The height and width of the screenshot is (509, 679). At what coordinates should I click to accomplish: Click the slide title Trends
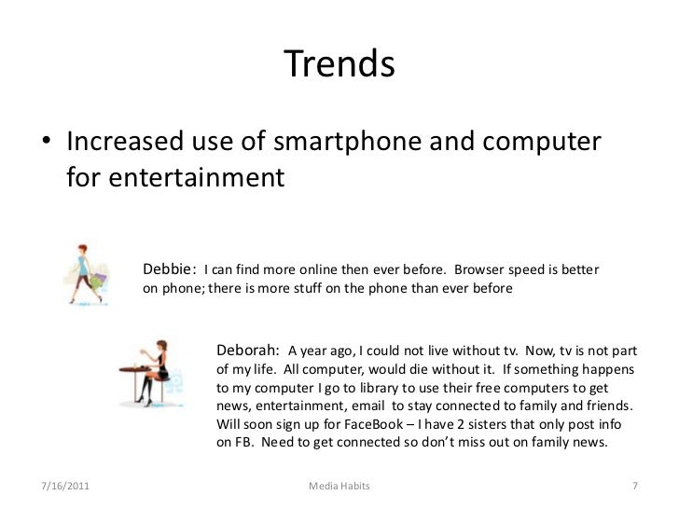(x=339, y=64)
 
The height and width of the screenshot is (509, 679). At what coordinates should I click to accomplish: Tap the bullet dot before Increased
(x=47, y=145)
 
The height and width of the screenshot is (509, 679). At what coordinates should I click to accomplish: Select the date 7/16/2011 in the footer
(x=67, y=487)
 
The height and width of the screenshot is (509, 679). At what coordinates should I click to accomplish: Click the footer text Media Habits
(x=339, y=487)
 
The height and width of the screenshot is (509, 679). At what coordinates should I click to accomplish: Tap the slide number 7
(x=634, y=487)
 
